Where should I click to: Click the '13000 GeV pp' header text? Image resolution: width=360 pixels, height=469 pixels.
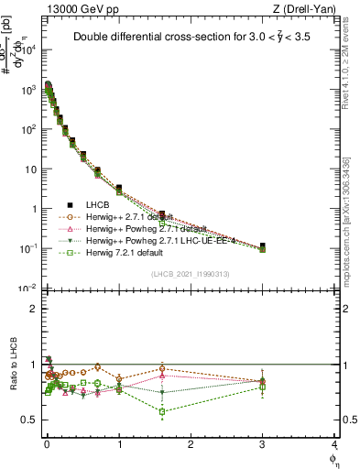76,10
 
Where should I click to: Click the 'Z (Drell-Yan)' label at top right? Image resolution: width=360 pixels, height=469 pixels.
303,10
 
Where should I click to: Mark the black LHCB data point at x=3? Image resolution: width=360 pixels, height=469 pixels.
263,246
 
